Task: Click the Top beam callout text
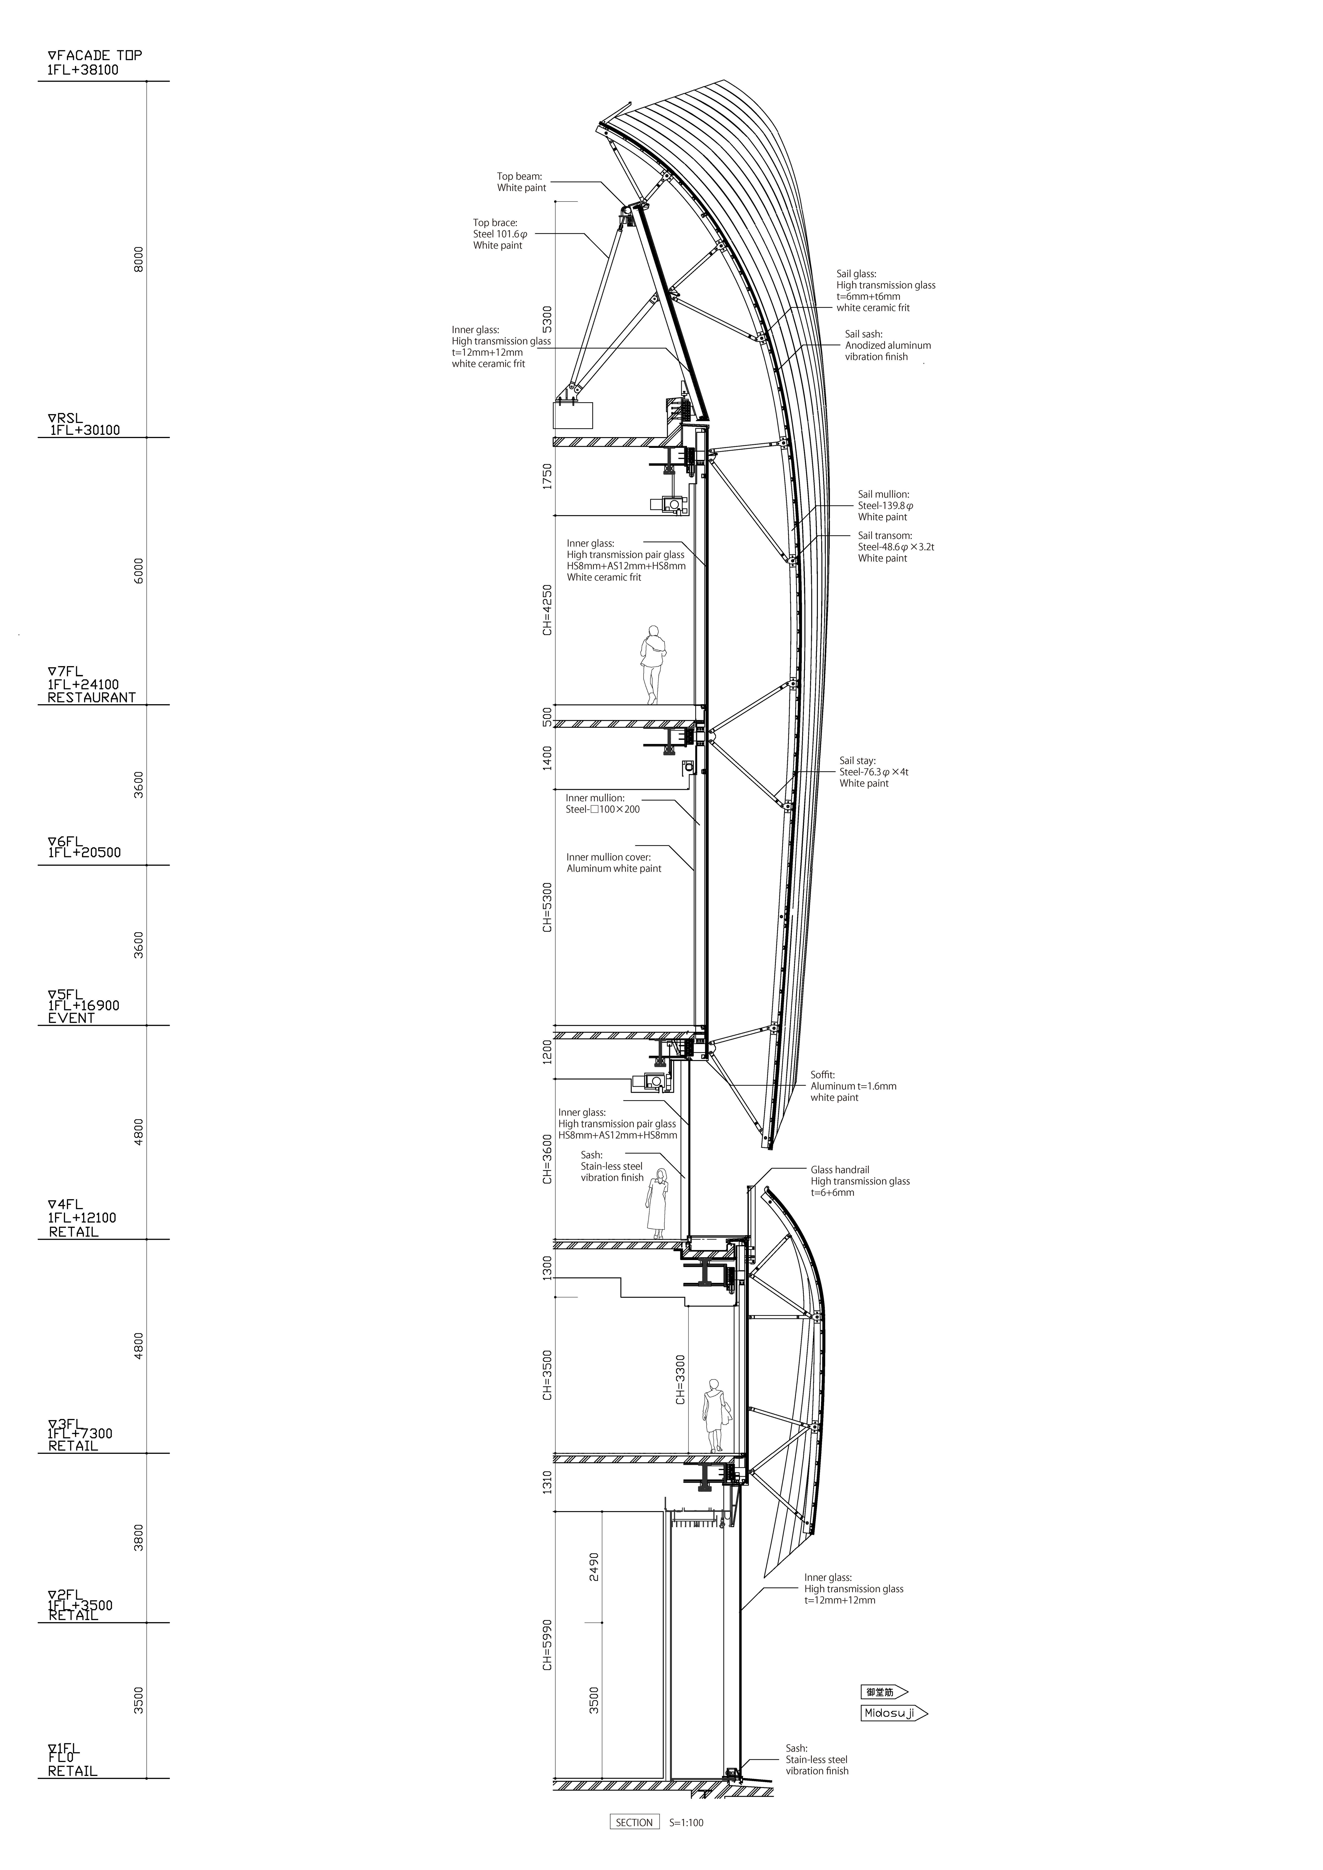point(521,182)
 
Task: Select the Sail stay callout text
point(873,771)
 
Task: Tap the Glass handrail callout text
point(859,1181)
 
